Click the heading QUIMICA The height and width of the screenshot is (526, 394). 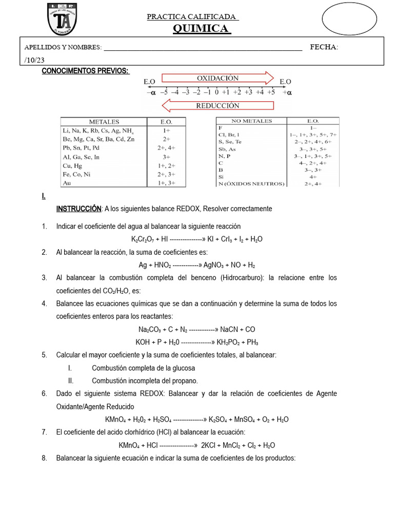coord(201,28)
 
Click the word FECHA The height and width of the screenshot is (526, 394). coord(324,47)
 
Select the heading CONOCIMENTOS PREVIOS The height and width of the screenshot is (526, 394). coord(85,71)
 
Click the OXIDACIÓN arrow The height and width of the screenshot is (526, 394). coord(218,78)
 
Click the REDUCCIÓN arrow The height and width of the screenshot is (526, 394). coord(218,106)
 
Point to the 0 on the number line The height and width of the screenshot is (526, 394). coord(217,92)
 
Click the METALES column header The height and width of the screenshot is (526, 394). coord(104,122)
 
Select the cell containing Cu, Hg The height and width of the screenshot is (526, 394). coord(72,166)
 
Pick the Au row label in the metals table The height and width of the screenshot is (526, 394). coord(66,183)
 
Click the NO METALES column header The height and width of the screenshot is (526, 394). coord(252,121)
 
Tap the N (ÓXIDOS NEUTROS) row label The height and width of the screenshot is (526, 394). coord(251,183)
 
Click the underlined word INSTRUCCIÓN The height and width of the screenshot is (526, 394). coord(78,209)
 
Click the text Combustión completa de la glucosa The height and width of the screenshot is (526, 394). coord(143,368)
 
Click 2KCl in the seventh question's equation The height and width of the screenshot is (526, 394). coord(211,445)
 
